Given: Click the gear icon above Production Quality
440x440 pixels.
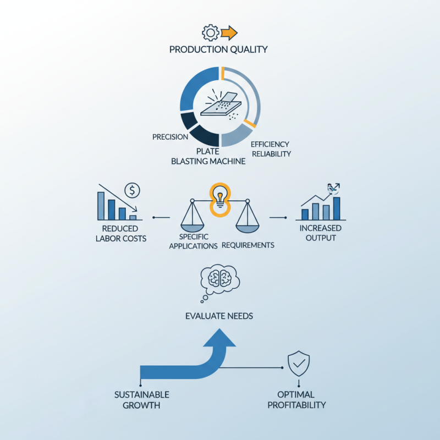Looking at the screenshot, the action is click(211, 33).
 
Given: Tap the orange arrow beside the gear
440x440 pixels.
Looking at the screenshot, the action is click(229, 33).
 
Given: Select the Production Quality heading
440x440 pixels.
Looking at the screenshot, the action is click(218, 50).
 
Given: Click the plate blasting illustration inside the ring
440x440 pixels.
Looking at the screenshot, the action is click(221, 105).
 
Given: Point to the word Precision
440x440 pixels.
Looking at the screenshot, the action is click(170, 137).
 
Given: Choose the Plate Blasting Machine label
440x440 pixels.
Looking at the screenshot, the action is click(208, 156).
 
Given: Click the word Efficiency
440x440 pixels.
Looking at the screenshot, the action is click(270, 144).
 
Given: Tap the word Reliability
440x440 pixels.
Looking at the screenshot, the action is click(271, 154).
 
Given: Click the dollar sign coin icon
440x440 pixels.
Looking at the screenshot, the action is click(132, 190).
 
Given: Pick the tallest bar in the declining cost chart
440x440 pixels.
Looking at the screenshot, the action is click(101, 206).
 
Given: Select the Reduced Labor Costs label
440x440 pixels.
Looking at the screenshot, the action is click(121, 233).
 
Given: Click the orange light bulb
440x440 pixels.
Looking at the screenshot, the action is click(220, 200).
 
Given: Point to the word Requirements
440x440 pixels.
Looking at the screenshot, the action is click(248, 245).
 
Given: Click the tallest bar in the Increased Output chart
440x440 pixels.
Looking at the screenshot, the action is click(337, 208).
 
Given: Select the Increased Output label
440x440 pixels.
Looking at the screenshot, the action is click(321, 233).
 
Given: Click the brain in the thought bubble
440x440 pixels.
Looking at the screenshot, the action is click(219, 278).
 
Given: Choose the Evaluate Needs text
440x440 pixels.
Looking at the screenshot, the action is click(219, 316).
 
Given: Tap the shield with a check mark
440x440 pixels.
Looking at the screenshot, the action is click(299, 364).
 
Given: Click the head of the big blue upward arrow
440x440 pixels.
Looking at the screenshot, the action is click(219, 338).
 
